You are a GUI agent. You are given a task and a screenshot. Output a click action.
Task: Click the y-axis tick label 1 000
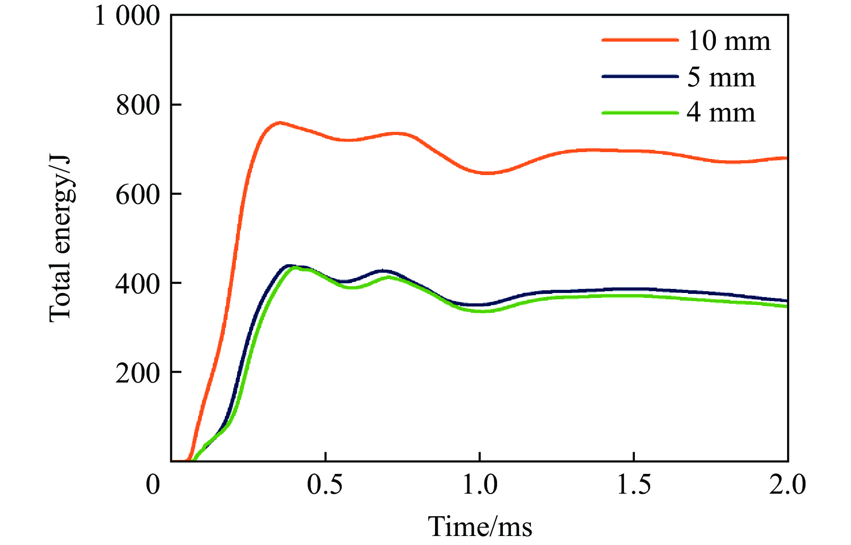click(127, 16)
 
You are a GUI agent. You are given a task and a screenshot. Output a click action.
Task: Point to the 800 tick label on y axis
click(138, 105)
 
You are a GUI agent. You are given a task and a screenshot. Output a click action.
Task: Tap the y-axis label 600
click(138, 194)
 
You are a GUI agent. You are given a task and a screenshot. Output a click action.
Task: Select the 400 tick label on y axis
click(138, 284)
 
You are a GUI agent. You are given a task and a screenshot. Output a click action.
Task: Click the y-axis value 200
click(138, 373)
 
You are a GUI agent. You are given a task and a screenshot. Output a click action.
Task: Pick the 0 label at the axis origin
click(153, 485)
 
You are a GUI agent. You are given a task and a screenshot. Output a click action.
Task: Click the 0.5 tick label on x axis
click(325, 485)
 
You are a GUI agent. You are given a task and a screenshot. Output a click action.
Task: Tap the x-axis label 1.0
click(480, 485)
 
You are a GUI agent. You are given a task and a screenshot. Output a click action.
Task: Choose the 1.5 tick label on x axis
click(634, 485)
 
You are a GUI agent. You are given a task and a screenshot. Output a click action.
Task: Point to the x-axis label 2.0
click(787, 485)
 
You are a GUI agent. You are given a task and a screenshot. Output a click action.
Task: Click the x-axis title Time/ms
click(480, 527)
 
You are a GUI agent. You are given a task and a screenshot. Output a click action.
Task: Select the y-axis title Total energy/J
click(60, 239)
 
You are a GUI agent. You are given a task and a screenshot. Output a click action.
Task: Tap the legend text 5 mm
click(721, 77)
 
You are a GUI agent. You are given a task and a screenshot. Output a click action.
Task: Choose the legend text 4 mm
click(721, 113)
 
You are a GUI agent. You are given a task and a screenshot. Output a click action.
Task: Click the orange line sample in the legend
click(640, 40)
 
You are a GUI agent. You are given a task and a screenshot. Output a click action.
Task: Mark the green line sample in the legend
click(640, 113)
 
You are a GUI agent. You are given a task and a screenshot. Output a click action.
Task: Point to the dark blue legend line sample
click(640, 77)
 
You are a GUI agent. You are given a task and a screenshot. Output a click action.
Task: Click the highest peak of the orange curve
click(280, 122)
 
